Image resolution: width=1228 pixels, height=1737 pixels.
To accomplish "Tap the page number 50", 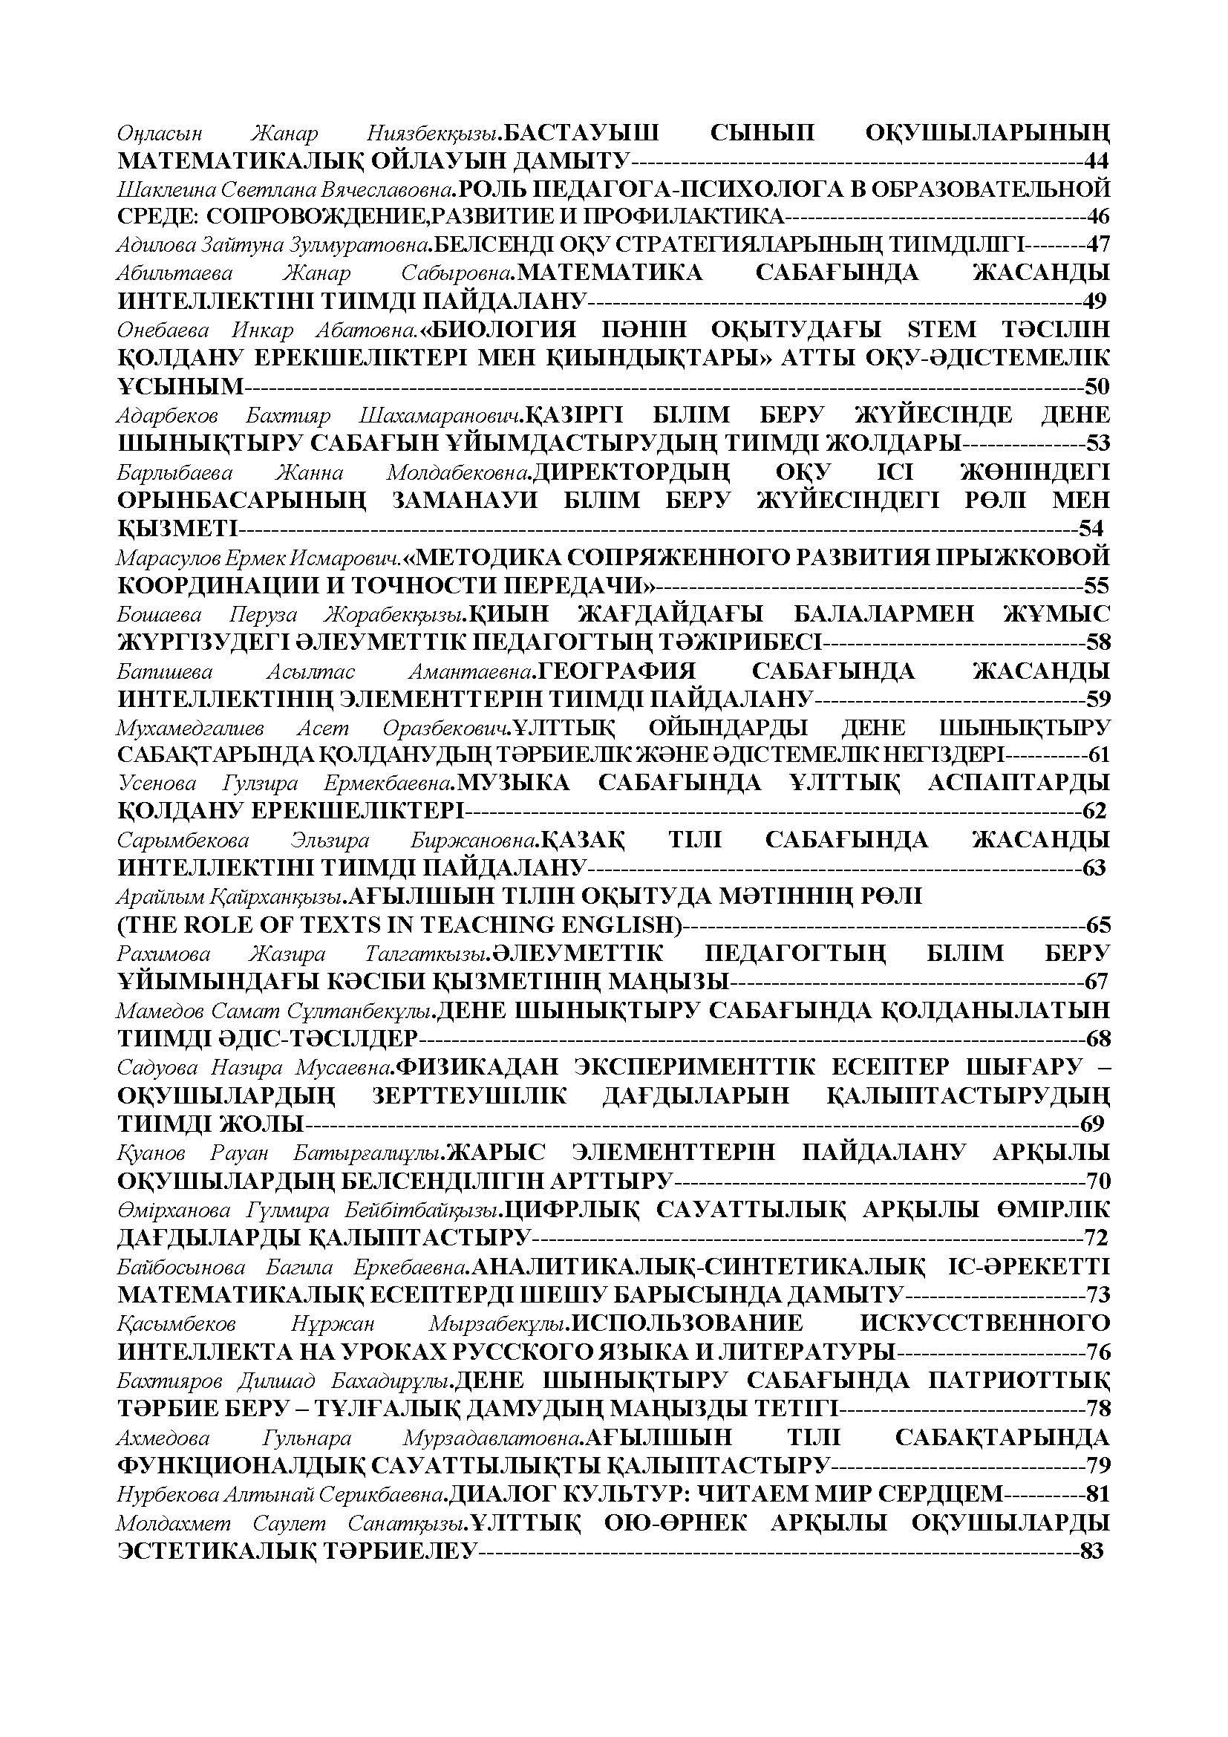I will point(1097,387).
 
